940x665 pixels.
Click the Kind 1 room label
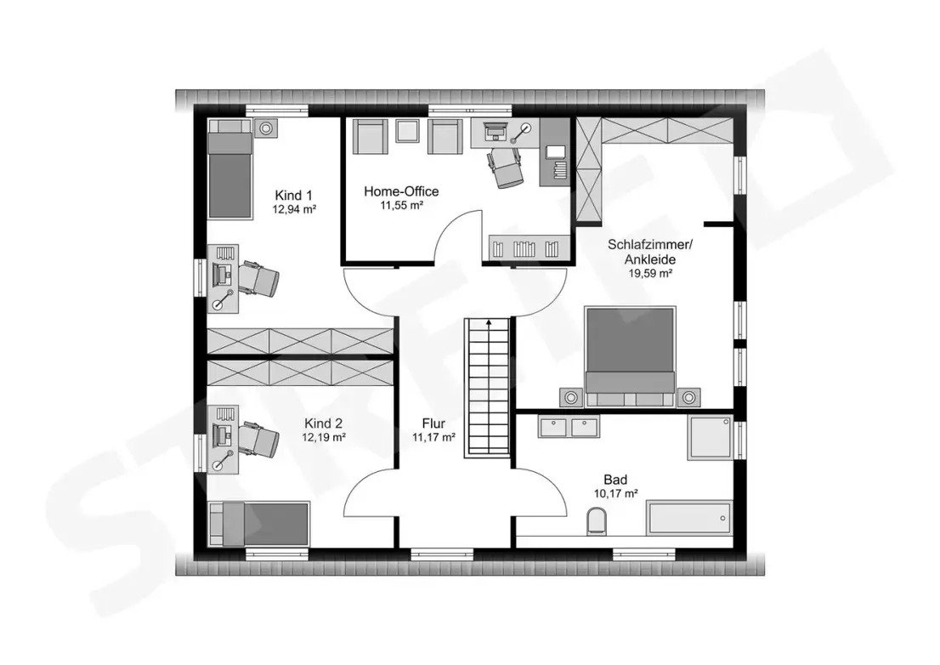click(294, 196)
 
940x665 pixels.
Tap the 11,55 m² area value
click(402, 206)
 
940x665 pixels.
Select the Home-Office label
click(402, 191)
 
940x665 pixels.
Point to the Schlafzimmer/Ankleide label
click(650, 252)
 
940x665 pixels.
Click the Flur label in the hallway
click(433, 423)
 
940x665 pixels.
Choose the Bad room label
click(615, 480)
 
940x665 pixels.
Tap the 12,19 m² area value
click(324, 438)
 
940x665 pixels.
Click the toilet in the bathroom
click(596, 520)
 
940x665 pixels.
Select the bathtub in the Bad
click(689, 518)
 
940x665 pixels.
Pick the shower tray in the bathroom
click(710, 437)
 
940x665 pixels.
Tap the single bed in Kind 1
click(229, 168)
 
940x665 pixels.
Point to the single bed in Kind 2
click(258, 524)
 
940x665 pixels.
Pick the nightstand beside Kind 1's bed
click(265, 128)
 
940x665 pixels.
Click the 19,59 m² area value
click(650, 274)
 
